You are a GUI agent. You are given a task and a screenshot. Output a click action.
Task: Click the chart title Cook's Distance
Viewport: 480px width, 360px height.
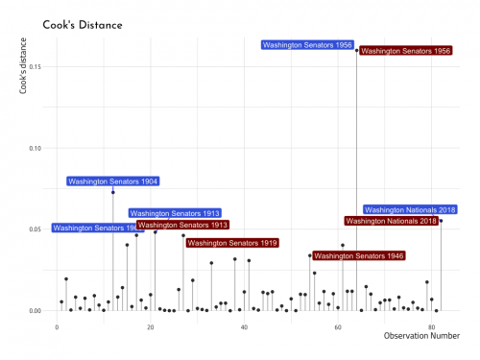pyautogui.click(x=83, y=23)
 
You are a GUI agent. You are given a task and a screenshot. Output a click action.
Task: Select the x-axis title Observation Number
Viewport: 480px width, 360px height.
pyautogui.click(x=420, y=335)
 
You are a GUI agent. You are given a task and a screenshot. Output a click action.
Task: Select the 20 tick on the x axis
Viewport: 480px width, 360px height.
pyautogui.click(x=151, y=327)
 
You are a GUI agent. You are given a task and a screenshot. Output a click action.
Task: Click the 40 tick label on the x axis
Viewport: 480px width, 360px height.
pyautogui.click(x=244, y=327)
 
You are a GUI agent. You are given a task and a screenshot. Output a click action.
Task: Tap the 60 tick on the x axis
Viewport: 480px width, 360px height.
pyautogui.click(x=338, y=327)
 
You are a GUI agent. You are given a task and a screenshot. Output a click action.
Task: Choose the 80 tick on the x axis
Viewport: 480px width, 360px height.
pyautogui.click(x=431, y=327)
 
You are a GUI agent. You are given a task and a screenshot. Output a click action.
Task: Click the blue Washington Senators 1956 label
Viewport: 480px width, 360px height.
pyautogui.click(x=307, y=44)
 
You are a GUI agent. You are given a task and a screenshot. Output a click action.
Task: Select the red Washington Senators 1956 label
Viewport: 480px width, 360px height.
pyautogui.click(x=406, y=50)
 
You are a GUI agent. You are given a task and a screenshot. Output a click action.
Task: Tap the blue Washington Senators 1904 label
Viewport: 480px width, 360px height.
pyautogui.click(x=112, y=181)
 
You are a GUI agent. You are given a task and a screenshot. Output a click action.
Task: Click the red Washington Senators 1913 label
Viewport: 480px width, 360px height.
pyautogui.click(x=182, y=225)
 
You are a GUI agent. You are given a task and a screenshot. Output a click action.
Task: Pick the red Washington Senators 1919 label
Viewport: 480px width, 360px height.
pyautogui.click(x=232, y=243)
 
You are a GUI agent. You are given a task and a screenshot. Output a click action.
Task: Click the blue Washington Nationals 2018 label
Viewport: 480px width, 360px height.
pyautogui.click(x=410, y=209)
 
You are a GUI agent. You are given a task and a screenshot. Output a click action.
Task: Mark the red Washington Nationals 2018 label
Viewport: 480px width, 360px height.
pyautogui.click(x=391, y=221)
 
